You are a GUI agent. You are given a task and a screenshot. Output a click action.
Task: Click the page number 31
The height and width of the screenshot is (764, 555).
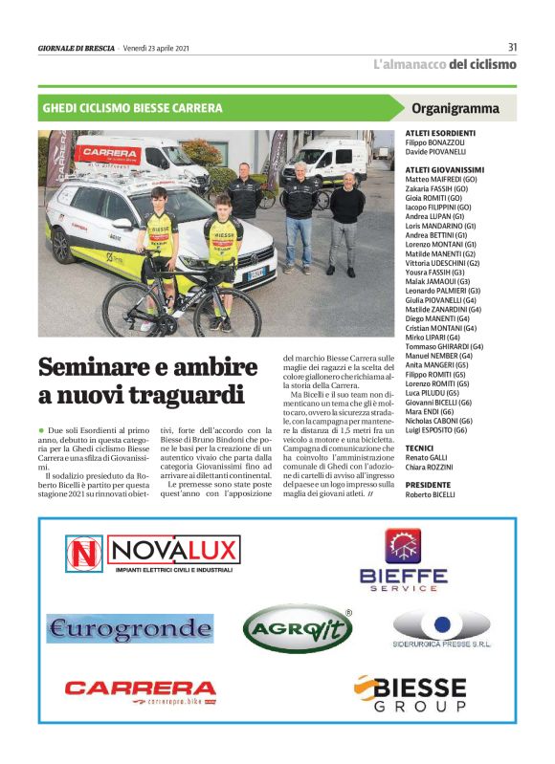pos(512,47)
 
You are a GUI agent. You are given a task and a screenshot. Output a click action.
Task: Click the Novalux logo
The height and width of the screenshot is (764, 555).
pos(153,554)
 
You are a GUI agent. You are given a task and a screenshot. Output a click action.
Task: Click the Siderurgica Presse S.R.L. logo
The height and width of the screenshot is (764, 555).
pos(441,633)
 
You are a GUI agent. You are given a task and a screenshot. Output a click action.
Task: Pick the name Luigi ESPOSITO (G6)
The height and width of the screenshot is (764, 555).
pos(437,430)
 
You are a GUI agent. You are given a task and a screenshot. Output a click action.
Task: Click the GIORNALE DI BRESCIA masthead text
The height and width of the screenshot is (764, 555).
pos(76,48)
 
